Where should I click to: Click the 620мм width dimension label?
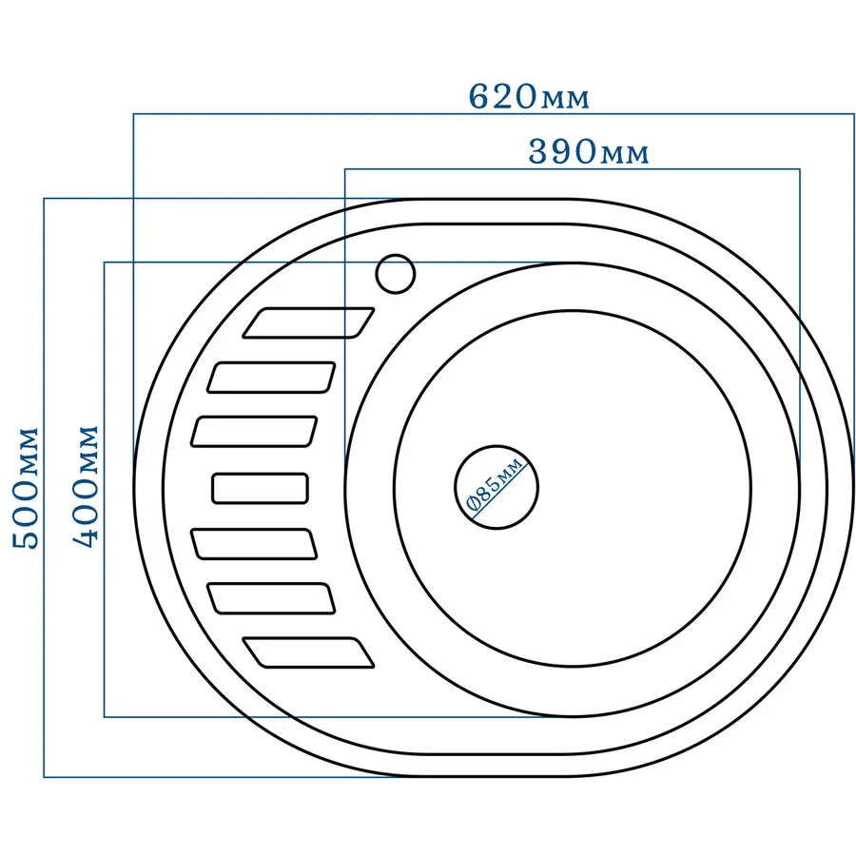(529, 97)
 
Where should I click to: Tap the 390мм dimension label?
(589, 152)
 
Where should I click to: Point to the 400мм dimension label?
(87, 485)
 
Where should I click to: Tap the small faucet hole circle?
(396, 274)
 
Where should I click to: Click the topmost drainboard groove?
(309, 322)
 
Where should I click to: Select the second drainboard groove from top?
(271, 378)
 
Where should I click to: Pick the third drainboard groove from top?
(254, 431)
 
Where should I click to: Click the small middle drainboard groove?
(261, 488)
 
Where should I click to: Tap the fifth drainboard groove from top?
(254, 545)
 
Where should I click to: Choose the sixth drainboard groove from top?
(271, 598)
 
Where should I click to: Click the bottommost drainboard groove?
(309, 652)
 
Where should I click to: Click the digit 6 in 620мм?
(479, 97)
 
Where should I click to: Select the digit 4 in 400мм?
(87, 535)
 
